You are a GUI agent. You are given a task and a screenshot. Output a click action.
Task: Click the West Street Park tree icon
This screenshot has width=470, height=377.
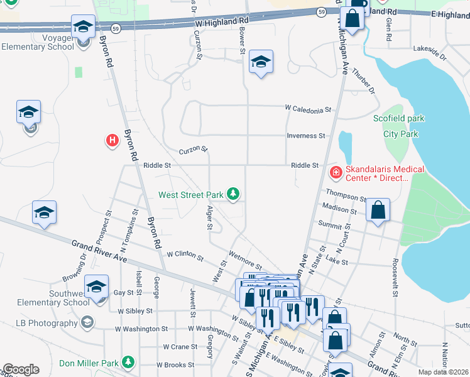pyautogui.click(x=233, y=194)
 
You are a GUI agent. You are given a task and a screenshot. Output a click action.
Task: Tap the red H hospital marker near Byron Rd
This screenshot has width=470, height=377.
pyautogui.click(x=112, y=140)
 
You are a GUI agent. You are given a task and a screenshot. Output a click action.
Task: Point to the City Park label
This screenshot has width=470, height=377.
pyautogui.click(x=401, y=134)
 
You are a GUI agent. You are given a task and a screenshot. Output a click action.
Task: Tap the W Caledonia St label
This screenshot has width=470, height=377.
pyautogui.click(x=308, y=109)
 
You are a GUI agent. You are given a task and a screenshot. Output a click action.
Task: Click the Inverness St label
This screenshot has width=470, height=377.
pyautogui.click(x=306, y=136)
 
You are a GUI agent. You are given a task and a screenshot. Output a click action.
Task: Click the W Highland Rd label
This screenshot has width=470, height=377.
pyautogui.click(x=222, y=21)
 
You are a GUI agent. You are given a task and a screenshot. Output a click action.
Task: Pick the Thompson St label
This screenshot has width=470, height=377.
pyautogui.click(x=346, y=197)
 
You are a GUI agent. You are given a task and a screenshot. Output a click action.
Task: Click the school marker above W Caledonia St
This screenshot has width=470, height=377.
pyautogui.click(x=261, y=62)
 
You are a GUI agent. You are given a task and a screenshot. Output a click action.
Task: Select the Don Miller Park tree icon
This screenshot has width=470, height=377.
pyautogui.click(x=128, y=362)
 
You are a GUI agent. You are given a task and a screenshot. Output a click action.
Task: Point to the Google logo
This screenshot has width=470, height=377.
pyautogui.click(x=21, y=369)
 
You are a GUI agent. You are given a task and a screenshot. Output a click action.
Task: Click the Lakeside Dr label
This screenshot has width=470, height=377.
pyautogui.click(x=429, y=52)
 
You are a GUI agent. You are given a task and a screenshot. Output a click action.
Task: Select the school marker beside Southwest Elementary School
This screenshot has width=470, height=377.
pyautogui.click(x=96, y=287)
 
